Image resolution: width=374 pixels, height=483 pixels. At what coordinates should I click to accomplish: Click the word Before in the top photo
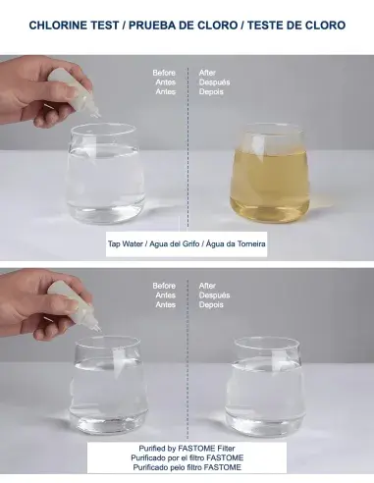pyautogui.click(x=164, y=73)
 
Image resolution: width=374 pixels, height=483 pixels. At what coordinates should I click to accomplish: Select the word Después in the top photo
pyautogui.click(x=213, y=82)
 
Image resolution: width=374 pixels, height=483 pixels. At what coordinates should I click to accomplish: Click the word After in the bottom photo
pyautogui.click(x=207, y=286)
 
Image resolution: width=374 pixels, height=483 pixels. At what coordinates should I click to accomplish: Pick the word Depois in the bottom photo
pyautogui.click(x=212, y=304)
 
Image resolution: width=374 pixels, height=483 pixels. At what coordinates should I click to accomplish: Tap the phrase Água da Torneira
pyautogui.click(x=240, y=243)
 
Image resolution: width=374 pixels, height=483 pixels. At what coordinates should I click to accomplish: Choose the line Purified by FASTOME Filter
pyautogui.click(x=187, y=448)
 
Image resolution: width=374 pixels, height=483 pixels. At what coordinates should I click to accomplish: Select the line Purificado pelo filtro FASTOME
pyautogui.click(x=187, y=467)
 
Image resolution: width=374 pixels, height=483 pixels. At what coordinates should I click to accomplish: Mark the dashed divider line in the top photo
pyautogui.click(x=187, y=147)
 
